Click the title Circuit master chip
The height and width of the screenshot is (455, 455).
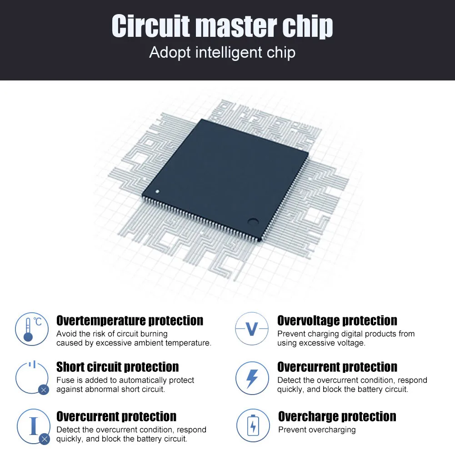pyautogui.click(x=222, y=26)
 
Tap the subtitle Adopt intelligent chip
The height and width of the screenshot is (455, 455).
pyautogui.click(x=222, y=52)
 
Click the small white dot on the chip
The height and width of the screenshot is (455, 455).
pyautogui.click(x=157, y=191)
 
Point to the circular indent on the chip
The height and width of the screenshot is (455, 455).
pyautogui.click(x=253, y=222)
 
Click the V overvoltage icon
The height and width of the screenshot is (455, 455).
pyautogui.click(x=252, y=329)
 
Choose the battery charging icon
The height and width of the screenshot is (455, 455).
pyautogui.click(x=253, y=426)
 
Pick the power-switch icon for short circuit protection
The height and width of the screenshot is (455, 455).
pyautogui.click(x=32, y=376)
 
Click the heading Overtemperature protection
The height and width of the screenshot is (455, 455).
pyautogui.click(x=130, y=320)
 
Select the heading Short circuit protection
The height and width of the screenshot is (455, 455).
pyautogui.click(x=117, y=367)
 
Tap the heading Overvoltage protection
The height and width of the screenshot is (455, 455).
pyautogui.click(x=337, y=320)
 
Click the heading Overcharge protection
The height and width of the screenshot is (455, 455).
pyautogui.click(x=337, y=416)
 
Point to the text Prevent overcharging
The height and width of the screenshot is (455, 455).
pyautogui.click(x=317, y=430)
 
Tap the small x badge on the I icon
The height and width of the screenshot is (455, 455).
pyautogui.click(x=44, y=439)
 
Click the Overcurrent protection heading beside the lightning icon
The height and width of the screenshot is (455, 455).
pyautogui.click(x=337, y=367)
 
